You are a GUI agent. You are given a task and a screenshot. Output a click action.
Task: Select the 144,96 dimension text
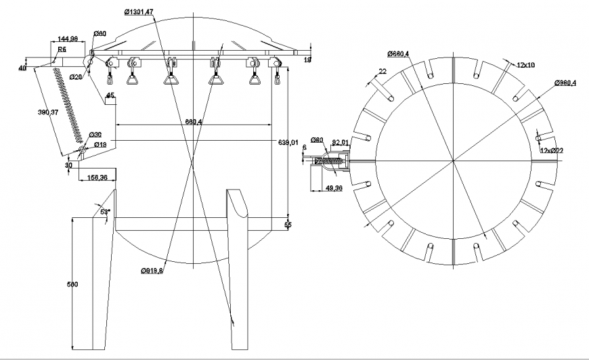point(68,39)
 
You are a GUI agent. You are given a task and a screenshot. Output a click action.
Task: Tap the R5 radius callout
point(62,50)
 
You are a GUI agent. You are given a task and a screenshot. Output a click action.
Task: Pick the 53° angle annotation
point(105,211)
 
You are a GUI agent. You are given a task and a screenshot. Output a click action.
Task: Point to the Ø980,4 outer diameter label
point(564,83)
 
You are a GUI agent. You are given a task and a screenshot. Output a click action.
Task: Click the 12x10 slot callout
point(525,65)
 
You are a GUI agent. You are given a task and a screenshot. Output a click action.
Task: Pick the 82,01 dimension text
point(340,143)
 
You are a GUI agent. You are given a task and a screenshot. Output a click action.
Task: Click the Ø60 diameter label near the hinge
point(99,33)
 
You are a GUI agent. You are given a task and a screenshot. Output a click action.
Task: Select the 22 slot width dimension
point(383,71)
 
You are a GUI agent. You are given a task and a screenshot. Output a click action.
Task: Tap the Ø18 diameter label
point(99,144)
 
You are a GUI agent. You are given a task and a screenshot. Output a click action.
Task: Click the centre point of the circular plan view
point(454,161)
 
